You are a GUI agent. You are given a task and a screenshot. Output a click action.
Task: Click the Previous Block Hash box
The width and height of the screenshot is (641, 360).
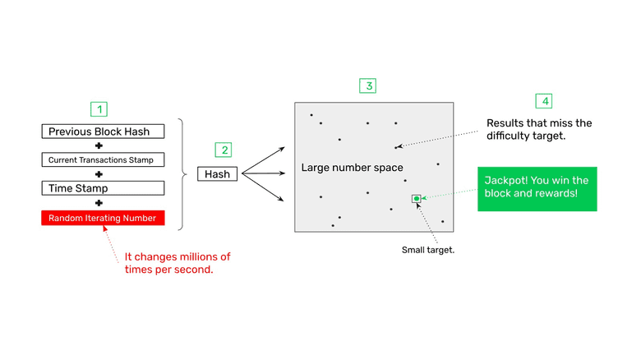coord(103,132)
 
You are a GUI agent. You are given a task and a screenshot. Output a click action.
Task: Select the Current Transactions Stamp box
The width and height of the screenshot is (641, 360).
coord(103,159)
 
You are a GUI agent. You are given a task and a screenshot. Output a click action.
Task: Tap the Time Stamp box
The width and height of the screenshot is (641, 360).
coord(103,188)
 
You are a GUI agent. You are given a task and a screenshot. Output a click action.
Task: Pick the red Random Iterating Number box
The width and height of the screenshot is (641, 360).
coord(103,218)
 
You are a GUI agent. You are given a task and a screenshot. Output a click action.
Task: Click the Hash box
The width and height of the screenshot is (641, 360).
coord(218,174)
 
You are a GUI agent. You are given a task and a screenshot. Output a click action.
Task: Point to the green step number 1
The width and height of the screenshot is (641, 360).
coord(99,109)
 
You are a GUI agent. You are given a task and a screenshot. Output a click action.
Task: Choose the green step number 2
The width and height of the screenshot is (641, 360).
coord(223,150)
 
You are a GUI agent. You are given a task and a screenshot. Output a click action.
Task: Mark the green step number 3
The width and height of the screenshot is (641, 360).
coord(368,85)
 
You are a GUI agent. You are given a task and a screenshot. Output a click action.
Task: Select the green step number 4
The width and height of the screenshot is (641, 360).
coord(543,101)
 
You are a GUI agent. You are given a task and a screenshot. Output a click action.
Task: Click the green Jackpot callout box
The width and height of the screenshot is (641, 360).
coord(537,189)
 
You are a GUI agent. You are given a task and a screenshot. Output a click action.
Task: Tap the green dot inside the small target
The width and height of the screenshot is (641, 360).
coord(417,199)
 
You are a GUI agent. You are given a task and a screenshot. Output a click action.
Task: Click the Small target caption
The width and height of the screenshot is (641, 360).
coord(428,250)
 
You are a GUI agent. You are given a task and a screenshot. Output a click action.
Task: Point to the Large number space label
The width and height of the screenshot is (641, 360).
coord(352,168)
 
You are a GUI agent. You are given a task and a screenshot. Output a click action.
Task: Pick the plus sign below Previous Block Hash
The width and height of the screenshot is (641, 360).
coord(99,145)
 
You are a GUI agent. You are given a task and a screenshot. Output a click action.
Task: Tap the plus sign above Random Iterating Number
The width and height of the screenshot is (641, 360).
coord(99,203)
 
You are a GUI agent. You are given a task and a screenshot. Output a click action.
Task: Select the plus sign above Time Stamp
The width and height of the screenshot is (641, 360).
coord(99,174)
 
